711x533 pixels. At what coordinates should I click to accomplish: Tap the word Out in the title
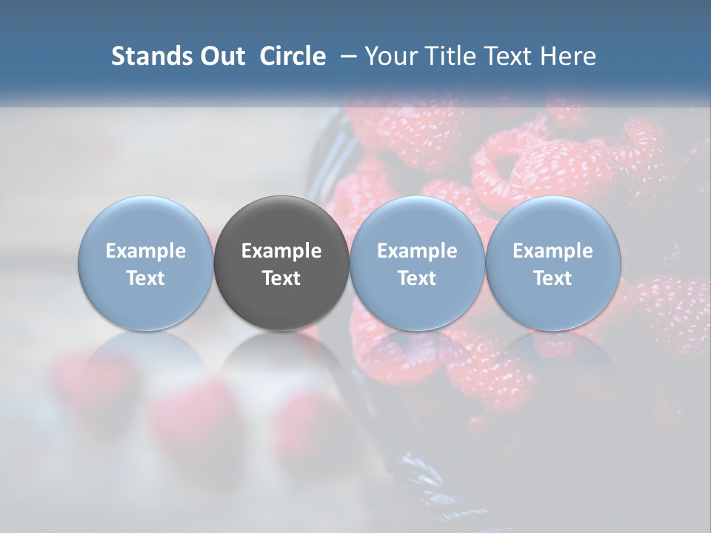click(x=221, y=56)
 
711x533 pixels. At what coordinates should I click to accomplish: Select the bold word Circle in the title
click(x=293, y=56)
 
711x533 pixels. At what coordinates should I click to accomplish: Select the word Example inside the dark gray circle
click(x=281, y=251)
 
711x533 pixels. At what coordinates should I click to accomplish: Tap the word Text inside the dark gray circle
click(x=281, y=278)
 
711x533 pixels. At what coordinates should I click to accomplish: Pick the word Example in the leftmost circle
click(x=146, y=251)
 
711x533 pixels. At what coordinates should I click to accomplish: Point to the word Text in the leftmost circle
click(x=146, y=278)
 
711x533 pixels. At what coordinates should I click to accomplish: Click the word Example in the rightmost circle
click(x=553, y=251)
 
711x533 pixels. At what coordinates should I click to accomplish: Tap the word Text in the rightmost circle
click(x=553, y=278)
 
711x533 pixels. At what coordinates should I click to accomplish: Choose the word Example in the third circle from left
click(x=417, y=251)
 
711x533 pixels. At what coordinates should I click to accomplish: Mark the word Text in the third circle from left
click(x=417, y=278)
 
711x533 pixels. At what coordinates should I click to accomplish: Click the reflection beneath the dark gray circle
click(x=281, y=363)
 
